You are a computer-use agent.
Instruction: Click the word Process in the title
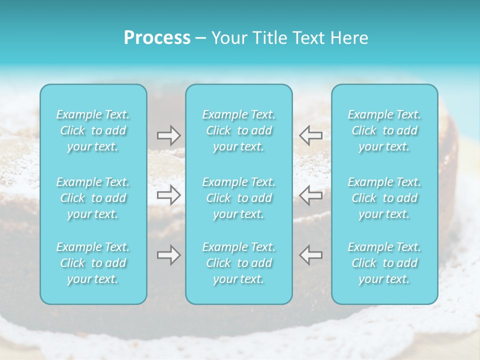pos(157,38)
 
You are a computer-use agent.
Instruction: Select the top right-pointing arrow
pos(168,135)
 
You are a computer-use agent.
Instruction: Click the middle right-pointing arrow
pos(168,195)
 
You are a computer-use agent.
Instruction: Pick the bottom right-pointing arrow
pos(168,255)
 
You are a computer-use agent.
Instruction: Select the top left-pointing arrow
pos(311,135)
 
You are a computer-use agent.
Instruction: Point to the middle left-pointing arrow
pos(311,195)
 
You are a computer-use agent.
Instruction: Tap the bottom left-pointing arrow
pos(311,255)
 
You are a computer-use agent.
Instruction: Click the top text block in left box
pos(93,130)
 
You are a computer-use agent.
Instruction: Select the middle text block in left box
pos(93,198)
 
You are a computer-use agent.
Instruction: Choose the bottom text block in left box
pos(93,263)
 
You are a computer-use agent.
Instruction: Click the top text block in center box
pos(239,130)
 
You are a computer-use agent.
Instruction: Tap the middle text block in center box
pos(239,198)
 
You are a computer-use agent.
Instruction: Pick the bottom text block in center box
pos(239,263)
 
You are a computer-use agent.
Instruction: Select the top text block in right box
pos(384,130)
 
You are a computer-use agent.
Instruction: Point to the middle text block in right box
pos(384,198)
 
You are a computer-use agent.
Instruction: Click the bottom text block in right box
pos(384,263)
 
